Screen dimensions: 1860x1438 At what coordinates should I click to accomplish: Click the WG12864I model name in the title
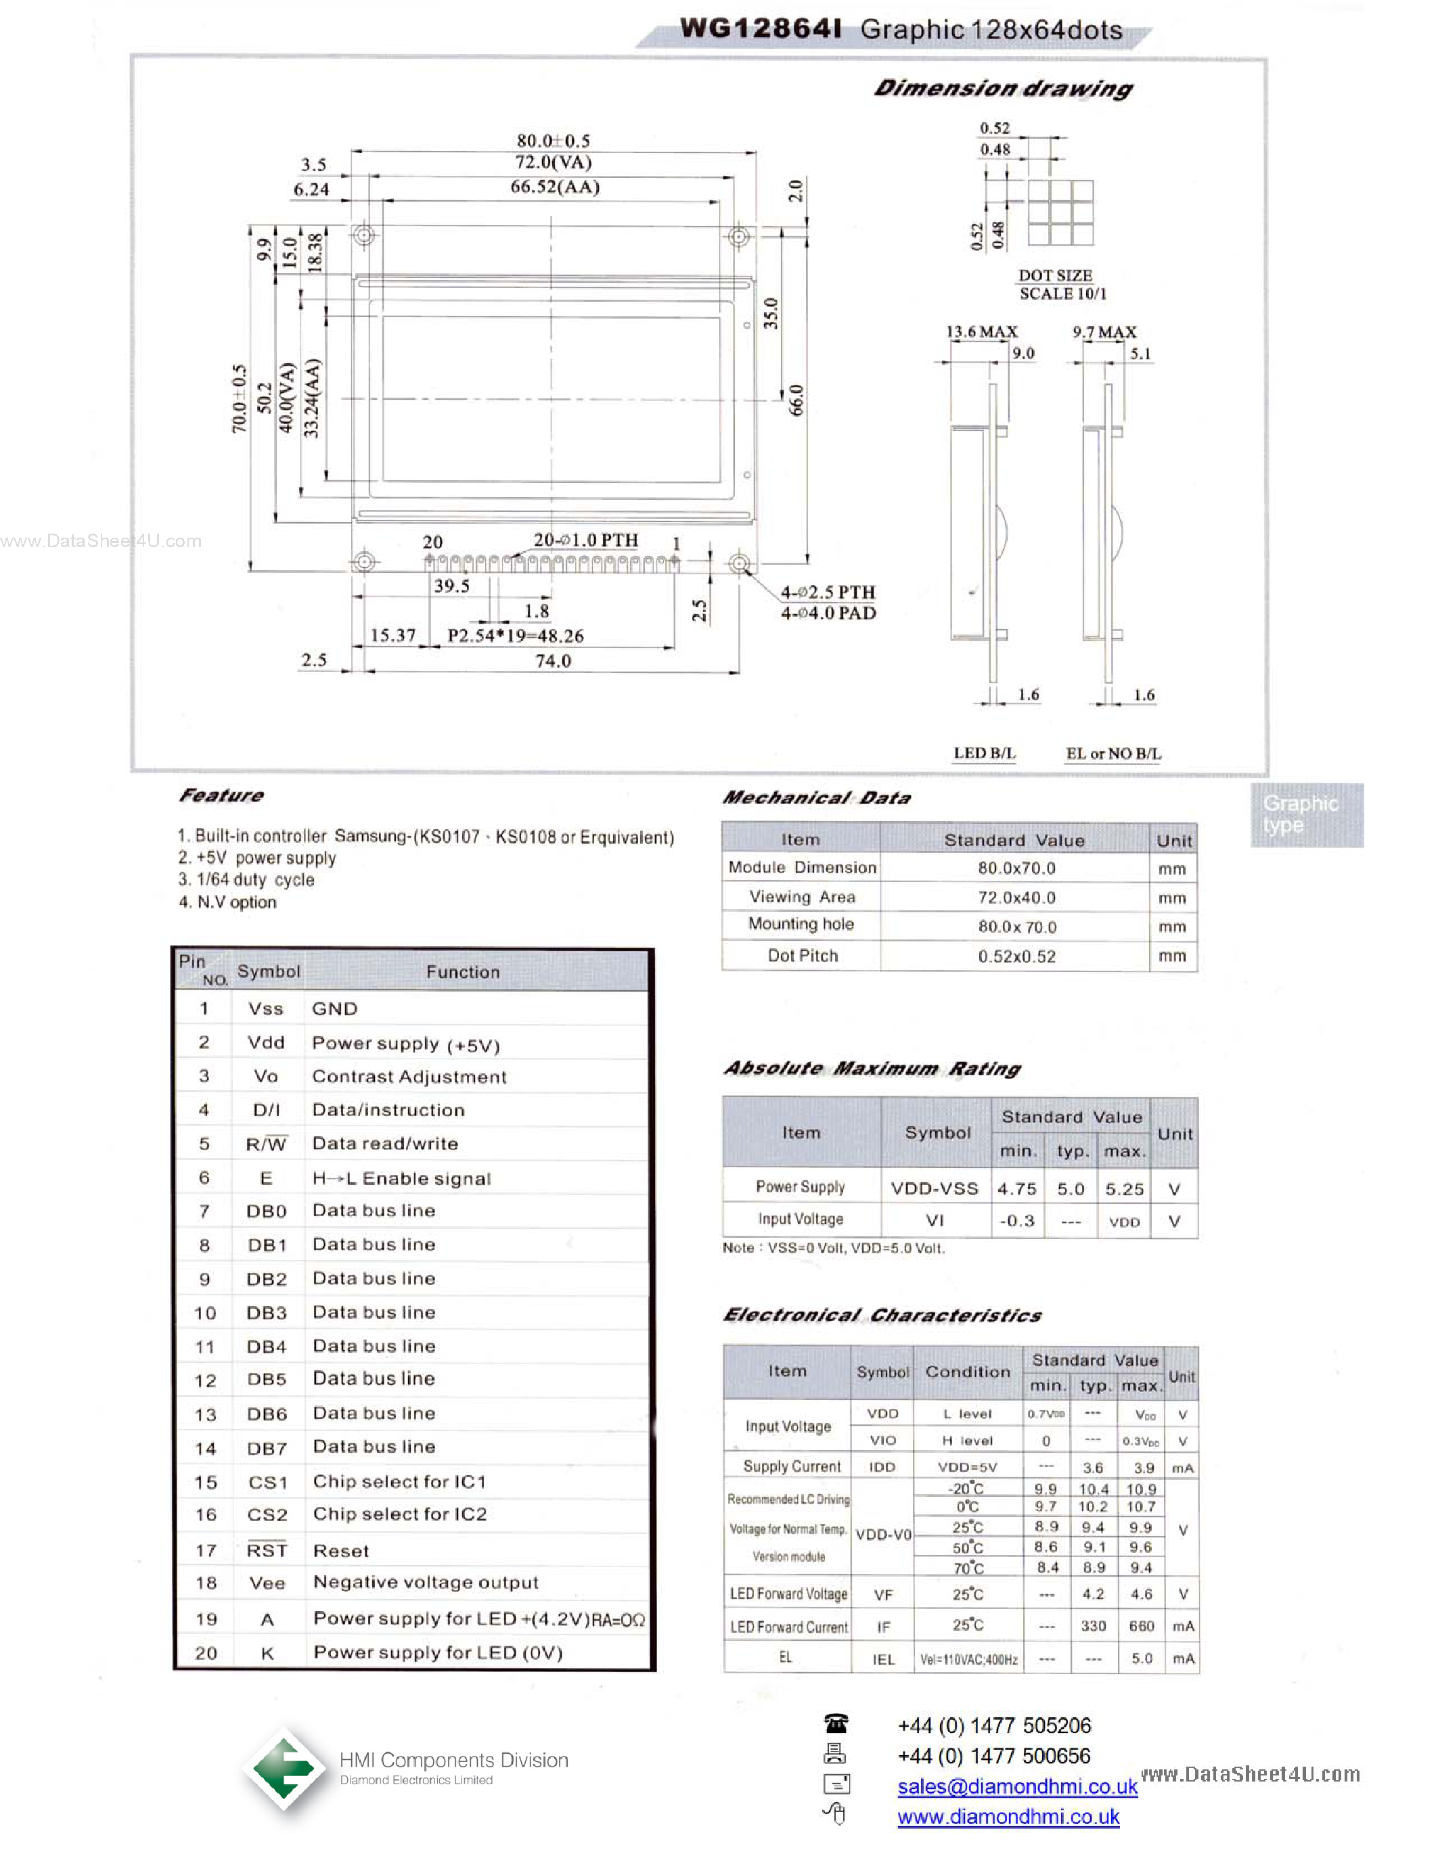(x=761, y=29)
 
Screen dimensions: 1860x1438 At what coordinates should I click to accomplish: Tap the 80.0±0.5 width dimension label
(x=553, y=141)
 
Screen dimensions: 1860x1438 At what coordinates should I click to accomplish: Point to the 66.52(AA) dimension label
(x=555, y=187)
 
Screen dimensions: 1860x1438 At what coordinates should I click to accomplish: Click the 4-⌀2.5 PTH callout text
(x=827, y=592)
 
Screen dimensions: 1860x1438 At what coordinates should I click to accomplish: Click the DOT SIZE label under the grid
(x=1055, y=275)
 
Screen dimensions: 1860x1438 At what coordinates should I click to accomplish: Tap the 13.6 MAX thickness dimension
(x=981, y=331)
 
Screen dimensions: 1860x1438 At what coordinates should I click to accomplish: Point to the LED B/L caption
(x=984, y=753)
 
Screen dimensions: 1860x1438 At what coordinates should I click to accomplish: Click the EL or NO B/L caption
(x=1113, y=753)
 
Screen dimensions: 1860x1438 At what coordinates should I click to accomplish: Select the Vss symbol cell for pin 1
(x=265, y=1008)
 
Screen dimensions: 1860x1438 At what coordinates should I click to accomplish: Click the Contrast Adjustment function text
(x=409, y=1077)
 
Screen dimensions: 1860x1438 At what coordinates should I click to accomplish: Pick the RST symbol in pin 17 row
(x=267, y=1551)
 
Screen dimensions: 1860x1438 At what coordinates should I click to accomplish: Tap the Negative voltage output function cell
(x=425, y=1583)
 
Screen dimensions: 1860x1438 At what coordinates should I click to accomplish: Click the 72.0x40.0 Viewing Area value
(x=1016, y=898)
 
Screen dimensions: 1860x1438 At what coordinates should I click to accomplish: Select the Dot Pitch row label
(x=802, y=956)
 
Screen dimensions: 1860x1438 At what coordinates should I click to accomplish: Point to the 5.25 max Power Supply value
(x=1123, y=1189)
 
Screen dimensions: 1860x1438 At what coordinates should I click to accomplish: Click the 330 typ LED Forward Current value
(x=1093, y=1626)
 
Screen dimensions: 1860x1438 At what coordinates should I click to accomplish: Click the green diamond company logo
(x=284, y=1769)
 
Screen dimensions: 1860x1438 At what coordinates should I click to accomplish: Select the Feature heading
(x=221, y=795)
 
